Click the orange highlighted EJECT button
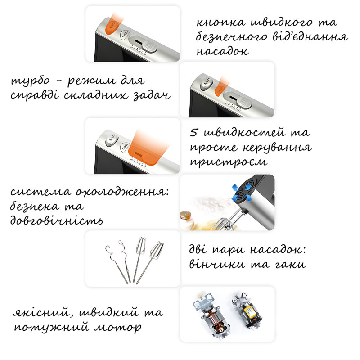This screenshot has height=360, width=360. click(112, 27)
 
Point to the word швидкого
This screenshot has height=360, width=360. click(282, 22)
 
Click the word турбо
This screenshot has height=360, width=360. click(30, 81)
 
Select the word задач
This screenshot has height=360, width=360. click(152, 95)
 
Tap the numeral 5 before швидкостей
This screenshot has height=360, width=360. click(193, 132)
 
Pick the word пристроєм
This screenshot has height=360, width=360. click(229, 162)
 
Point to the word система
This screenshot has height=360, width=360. click(41, 192)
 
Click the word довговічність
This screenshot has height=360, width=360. click(57, 220)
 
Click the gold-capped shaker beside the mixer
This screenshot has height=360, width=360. click(187, 220)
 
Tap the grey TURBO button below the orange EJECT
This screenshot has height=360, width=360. click(125, 35)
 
